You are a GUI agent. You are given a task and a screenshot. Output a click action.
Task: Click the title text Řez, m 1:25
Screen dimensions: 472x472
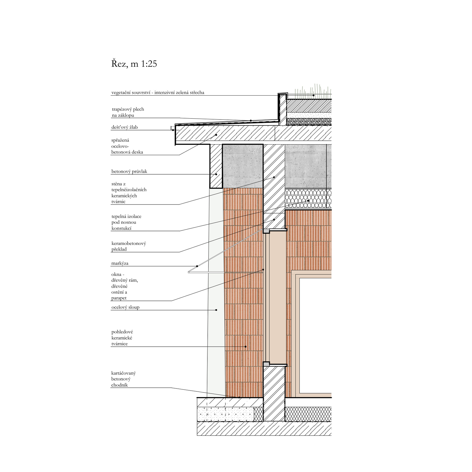point(134,64)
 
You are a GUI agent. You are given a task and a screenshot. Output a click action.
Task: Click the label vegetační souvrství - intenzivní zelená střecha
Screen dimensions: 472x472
point(158,92)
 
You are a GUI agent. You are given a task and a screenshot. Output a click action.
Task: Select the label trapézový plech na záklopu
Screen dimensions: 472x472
point(128,112)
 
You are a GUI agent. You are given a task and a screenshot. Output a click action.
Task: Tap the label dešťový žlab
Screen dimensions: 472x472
point(124,127)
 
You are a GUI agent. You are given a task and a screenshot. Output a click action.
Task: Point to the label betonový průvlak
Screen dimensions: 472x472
point(129,171)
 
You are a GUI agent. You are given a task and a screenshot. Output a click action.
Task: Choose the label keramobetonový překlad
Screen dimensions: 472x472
point(129,246)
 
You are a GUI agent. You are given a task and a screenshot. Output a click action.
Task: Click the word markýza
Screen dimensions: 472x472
point(120,263)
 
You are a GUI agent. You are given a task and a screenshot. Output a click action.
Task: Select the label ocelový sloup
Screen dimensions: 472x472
point(125,307)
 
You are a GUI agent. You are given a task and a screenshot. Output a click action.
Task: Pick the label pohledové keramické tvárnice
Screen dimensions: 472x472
point(122,338)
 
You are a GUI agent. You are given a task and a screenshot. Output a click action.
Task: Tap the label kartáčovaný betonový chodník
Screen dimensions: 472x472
point(123,379)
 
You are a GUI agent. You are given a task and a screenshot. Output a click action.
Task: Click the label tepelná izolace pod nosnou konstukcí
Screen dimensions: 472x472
point(126,222)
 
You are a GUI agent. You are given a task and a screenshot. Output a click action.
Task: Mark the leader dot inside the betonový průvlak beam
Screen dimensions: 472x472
point(216,174)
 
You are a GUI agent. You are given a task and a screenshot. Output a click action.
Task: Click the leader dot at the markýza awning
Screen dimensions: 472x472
point(197,266)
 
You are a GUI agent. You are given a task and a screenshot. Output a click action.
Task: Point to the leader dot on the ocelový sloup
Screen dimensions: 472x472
point(216,310)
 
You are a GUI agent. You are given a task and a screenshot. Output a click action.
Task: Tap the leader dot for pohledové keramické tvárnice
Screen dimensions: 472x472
point(245,347)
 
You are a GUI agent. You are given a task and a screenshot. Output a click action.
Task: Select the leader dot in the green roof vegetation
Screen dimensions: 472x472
point(313,95)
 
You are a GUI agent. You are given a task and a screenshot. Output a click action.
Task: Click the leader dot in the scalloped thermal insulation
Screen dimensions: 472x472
point(308,201)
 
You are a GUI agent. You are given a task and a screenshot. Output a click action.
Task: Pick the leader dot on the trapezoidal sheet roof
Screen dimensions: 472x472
point(251,120)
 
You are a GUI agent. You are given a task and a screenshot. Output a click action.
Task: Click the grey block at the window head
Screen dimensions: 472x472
point(266,231)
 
